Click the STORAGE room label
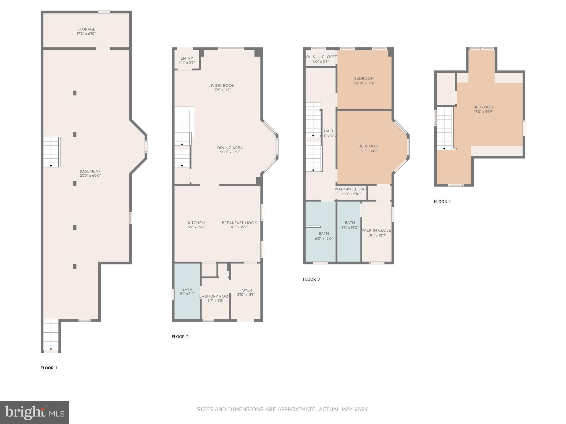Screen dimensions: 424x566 point(86,29)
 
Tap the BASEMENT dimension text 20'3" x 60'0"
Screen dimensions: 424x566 point(90,176)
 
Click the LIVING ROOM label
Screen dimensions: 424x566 point(222,86)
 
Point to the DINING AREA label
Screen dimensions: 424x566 point(230,148)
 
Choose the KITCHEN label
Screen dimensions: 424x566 point(196,223)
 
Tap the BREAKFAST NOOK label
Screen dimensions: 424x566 point(239,223)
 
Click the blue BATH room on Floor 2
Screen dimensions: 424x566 point(187,291)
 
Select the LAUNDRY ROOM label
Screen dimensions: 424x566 point(215,296)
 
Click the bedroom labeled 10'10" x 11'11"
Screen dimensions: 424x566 point(364,81)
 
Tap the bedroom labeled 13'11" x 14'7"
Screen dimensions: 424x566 point(368,149)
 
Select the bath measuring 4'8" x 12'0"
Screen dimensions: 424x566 point(350,225)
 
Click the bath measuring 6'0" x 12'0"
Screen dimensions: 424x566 point(324,236)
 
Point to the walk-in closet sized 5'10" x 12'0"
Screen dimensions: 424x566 point(377,233)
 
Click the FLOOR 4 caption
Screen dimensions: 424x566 point(442,202)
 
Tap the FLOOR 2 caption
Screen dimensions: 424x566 point(180,336)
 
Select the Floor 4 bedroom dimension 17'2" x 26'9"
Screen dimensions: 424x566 point(484,112)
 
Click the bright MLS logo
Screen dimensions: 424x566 point(35,412)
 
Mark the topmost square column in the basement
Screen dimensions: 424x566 point(75,93)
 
